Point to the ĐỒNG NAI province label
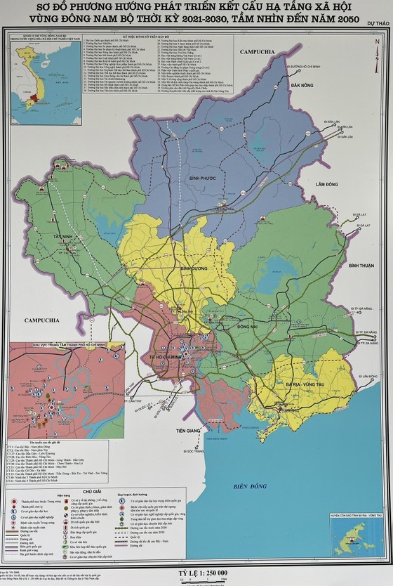click(x=251, y=327)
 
